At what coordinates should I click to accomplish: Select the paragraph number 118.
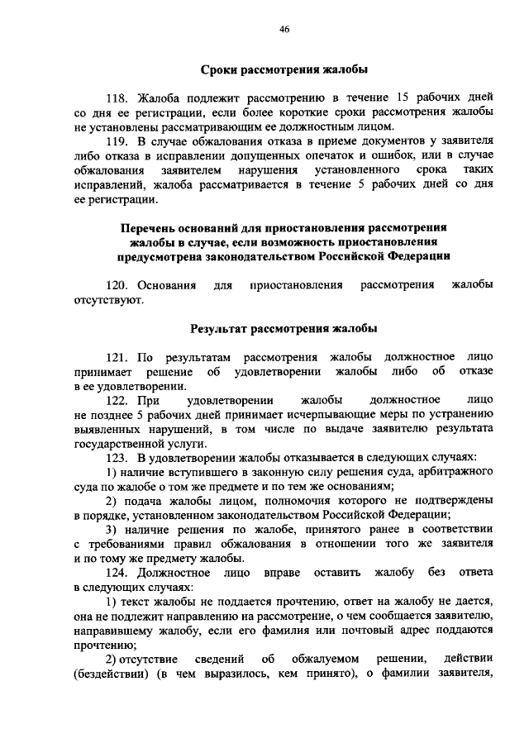coord(119,97)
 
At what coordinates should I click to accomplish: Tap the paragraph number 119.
coord(119,141)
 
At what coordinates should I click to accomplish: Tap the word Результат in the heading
coord(224,328)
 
